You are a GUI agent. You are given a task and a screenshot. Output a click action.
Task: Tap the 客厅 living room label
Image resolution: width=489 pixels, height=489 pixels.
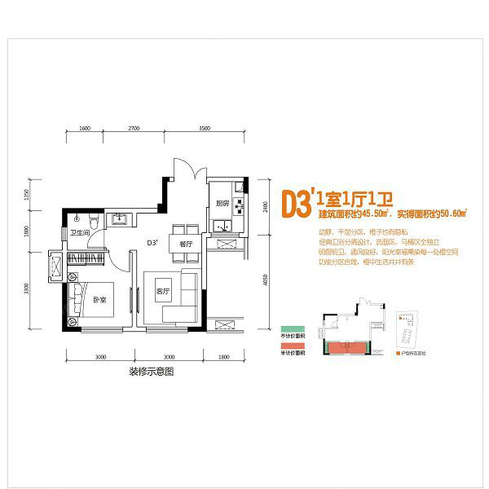point(162,291)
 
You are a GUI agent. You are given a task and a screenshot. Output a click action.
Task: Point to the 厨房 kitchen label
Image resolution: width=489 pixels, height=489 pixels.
point(221,203)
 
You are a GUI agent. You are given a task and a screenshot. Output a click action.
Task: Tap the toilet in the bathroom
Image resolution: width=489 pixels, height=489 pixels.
point(94,220)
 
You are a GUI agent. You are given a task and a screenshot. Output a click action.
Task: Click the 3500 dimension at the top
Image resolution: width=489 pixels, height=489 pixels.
point(205,129)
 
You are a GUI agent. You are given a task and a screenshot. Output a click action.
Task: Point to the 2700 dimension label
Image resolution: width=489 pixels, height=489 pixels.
point(134,129)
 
